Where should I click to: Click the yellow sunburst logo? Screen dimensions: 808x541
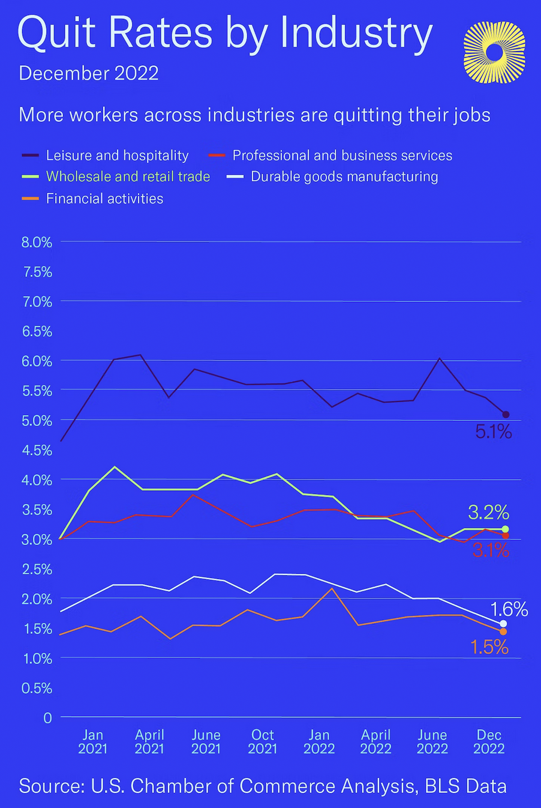pyautogui.click(x=494, y=52)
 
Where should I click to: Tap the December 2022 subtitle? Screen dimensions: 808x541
pyautogui.click(x=89, y=73)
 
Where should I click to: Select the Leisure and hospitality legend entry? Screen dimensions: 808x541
pyautogui.click(x=117, y=155)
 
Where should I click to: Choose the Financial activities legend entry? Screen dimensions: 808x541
pyautogui.click(x=104, y=199)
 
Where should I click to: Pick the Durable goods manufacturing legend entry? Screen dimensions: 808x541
pyautogui.click(x=344, y=176)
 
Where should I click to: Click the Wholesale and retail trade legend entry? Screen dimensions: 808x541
pyautogui.click(x=128, y=176)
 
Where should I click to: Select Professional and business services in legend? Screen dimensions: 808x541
pyautogui.click(x=342, y=155)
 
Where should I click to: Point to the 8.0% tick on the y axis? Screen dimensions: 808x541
pyautogui.click(x=37, y=242)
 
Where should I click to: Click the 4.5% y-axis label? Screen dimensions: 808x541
pyautogui.click(x=37, y=450)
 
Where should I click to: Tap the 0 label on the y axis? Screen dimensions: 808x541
pyautogui.click(x=47, y=717)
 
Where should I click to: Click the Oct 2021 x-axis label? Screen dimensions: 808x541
pyautogui.click(x=263, y=741)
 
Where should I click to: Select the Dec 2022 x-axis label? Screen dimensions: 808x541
pyautogui.click(x=489, y=741)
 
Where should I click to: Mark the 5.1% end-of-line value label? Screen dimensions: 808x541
pyautogui.click(x=493, y=431)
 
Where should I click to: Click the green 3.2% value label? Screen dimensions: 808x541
pyautogui.click(x=488, y=512)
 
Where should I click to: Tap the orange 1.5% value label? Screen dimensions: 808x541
pyautogui.click(x=489, y=647)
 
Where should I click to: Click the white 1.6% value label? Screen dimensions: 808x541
pyautogui.click(x=509, y=609)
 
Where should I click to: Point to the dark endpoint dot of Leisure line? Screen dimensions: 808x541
pyautogui.click(x=506, y=414)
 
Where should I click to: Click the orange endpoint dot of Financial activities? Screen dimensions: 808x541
pyautogui.click(x=503, y=632)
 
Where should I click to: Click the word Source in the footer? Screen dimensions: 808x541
pyautogui.click(x=51, y=786)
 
